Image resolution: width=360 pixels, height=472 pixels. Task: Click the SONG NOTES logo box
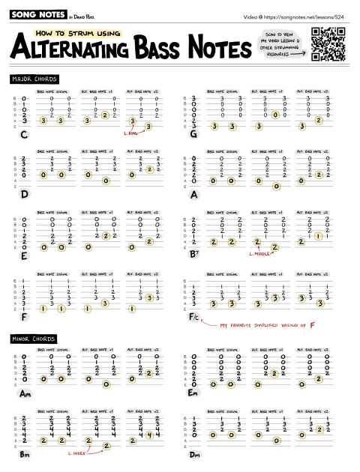click(34, 14)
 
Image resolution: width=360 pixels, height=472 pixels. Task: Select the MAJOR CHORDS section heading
click(34, 79)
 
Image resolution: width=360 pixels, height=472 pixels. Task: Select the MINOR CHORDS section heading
click(34, 339)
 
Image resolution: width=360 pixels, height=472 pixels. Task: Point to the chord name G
click(193, 135)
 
